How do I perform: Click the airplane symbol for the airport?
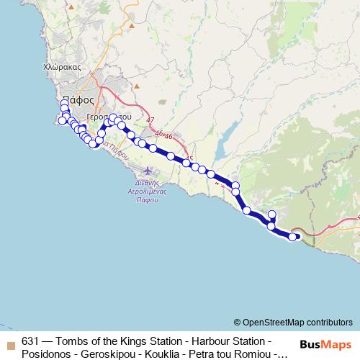(x=148, y=171)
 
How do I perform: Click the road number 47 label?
(x=149, y=121)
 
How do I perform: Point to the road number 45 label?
(x=189, y=158)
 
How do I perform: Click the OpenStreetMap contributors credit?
(x=292, y=322)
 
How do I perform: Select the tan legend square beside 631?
(x=9, y=341)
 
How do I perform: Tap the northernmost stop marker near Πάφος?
(x=65, y=104)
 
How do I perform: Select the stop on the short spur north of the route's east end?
(x=272, y=214)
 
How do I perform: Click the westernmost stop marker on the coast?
(x=62, y=120)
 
